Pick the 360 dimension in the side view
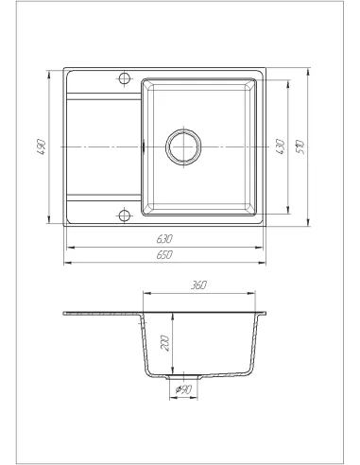point(199,284)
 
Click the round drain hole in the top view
point(181,146)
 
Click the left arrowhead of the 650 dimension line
point(64,262)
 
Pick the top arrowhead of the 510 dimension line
point(307,69)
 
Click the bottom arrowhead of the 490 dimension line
point(50,224)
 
